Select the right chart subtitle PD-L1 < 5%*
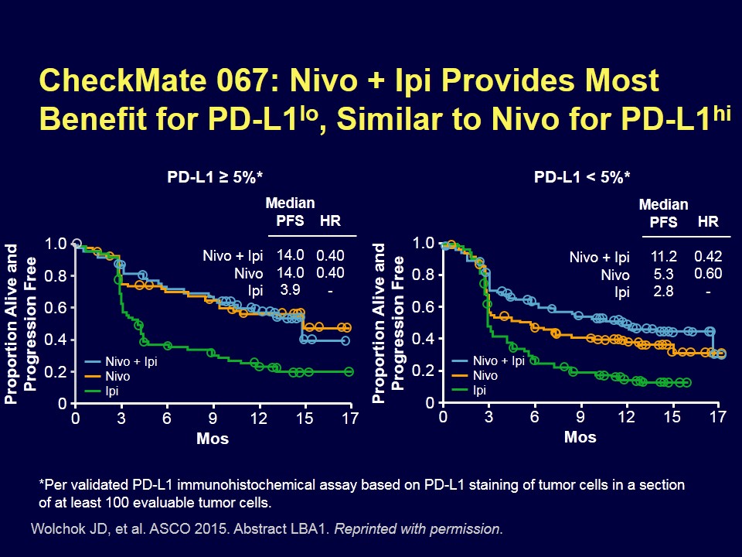coord(582,177)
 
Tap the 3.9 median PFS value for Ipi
coord(290,289)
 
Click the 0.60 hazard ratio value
coord(708,273)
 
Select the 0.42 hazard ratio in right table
coord(708,256)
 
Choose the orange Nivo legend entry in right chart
coord(485,376)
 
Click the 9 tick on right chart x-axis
coord(580,418)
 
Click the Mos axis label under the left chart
coord(213,438)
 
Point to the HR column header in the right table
coord(707,222)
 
